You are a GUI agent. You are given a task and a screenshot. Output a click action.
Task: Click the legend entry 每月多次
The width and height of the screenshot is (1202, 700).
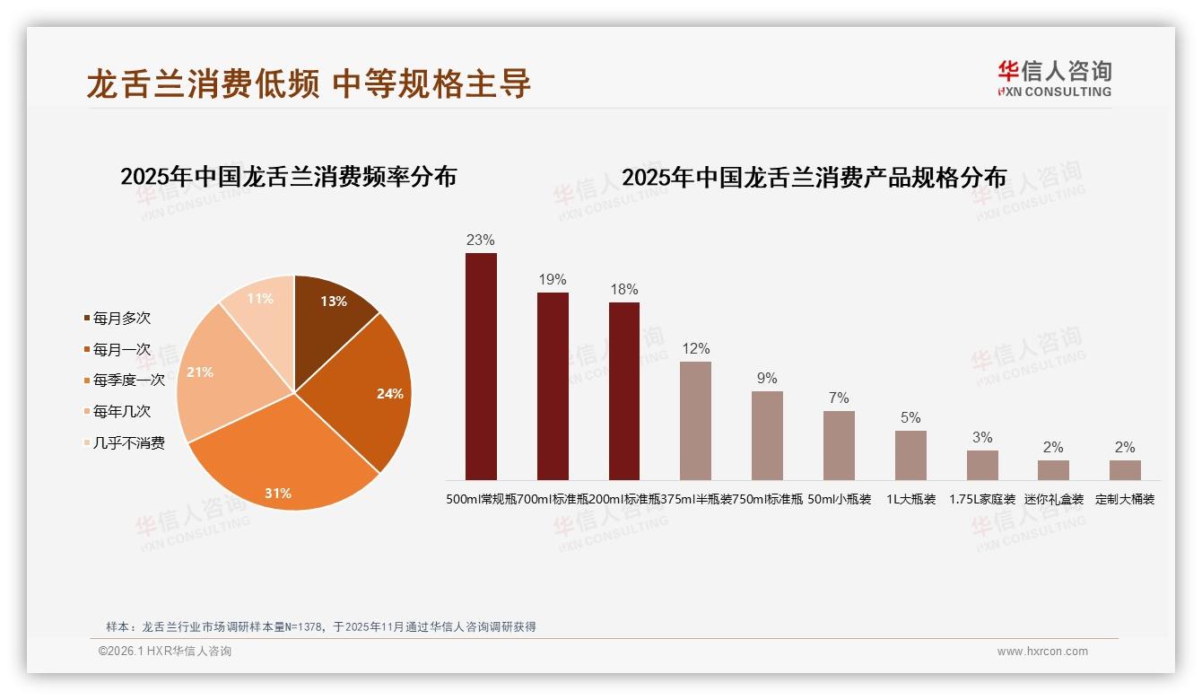tap(122, 319)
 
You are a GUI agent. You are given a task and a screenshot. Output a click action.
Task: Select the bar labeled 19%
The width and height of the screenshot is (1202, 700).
tap(553, 386)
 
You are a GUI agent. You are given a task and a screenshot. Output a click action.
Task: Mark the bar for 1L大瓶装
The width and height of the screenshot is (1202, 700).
tap(910, 455)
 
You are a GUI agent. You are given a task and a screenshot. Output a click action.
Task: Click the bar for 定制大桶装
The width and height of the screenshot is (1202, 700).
tap(1125, 470)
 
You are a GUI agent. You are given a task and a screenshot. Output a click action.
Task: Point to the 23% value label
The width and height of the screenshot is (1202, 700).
tap(481, 241)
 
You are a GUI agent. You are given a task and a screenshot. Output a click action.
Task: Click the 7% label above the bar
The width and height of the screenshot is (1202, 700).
tap(839, 398)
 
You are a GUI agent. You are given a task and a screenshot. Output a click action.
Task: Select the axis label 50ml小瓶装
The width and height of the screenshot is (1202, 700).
tap(840, 500)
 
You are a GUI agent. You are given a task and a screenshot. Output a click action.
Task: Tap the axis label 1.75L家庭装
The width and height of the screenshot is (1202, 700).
tap(982, 500)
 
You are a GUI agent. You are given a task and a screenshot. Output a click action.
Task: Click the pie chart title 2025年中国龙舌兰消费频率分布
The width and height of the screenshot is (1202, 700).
tap(288, 177)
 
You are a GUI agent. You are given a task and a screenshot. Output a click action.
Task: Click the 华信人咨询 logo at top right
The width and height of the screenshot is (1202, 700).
tap(1054, 78)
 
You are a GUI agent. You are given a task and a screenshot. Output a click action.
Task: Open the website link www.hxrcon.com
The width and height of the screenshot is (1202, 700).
tap(1042, 652)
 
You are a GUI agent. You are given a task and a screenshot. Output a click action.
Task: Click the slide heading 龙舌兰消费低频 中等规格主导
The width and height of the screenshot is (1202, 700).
tap(309, 83)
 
